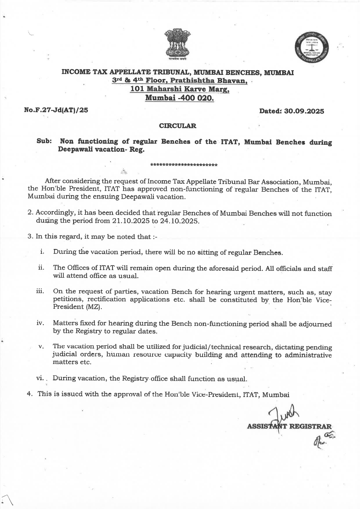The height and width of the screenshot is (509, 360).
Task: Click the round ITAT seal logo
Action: pos(312,48)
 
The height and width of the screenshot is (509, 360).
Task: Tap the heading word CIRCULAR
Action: pos(178,126)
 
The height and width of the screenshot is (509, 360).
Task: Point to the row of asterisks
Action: pos(184,165)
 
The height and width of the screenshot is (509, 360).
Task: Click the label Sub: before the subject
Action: pos(44,141)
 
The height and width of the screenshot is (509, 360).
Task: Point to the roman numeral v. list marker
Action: pos(41,346)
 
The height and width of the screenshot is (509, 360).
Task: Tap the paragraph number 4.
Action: pos(29,394)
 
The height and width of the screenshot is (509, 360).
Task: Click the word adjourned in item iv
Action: pos(317,324)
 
